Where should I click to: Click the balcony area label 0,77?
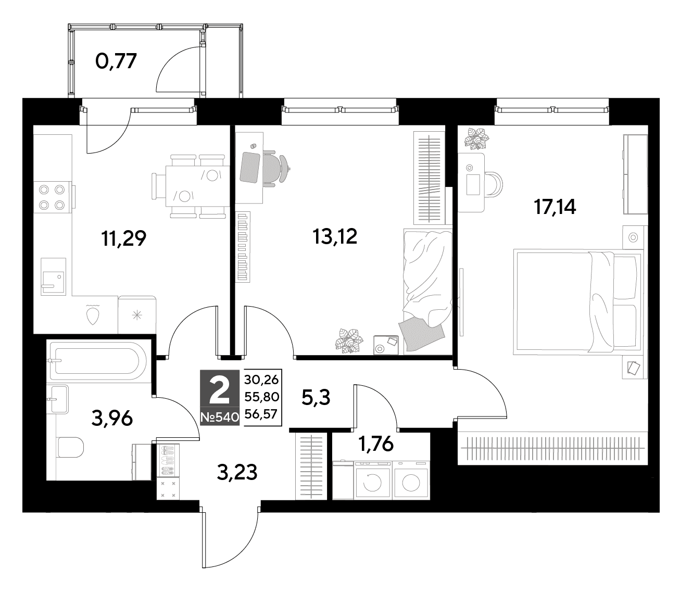click(116, 61)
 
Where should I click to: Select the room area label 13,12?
click(335, 236)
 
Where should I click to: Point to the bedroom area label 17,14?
click(555, 207)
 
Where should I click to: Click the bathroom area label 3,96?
click(111, 418)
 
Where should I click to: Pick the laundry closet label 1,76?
click(376, 444)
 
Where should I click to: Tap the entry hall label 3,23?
click(237, 472)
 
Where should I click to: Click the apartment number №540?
click(220, 417)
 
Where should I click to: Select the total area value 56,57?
click(261, 414)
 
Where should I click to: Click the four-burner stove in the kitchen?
click(52, 197)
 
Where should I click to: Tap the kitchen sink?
click(53, 276)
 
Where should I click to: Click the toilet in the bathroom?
click(70, 448)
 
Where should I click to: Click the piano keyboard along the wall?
click(243, 247)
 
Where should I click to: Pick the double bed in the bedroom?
click(577, 302)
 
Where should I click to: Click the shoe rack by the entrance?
click(168, 460)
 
